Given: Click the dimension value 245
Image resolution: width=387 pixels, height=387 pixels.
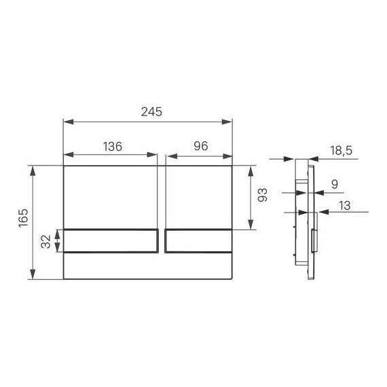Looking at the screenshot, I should point(147,113).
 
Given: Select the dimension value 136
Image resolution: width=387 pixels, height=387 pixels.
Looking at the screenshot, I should point(113,146).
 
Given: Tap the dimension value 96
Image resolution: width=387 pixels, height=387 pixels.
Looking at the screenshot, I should point(200,146).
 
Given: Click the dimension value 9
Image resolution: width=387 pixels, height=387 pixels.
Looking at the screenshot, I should point(334,183).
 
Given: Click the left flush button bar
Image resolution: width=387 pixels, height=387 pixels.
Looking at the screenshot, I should point(111,241).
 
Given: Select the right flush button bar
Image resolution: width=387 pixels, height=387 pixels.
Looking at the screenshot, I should point(199,241).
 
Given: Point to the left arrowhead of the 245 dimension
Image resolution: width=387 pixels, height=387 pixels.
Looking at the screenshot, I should point(66,123).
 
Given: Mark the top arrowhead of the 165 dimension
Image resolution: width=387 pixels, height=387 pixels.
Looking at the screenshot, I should point(33,168).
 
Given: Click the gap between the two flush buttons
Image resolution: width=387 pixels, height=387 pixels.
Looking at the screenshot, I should point(162,241).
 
